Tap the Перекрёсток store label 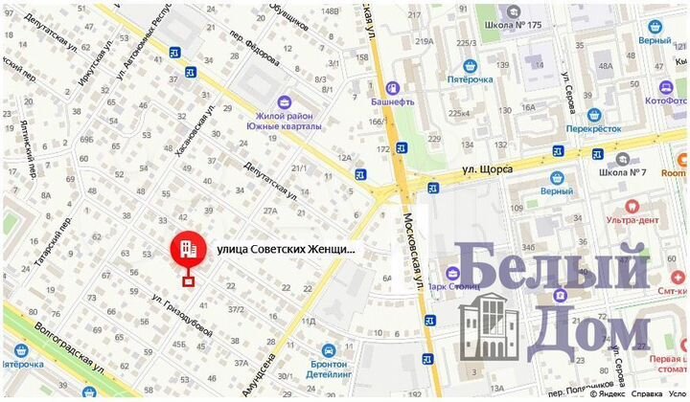[593, 126]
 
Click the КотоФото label [667, 100]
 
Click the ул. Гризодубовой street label [182, 317]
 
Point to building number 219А [424, 40]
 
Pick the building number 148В [330, 11]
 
